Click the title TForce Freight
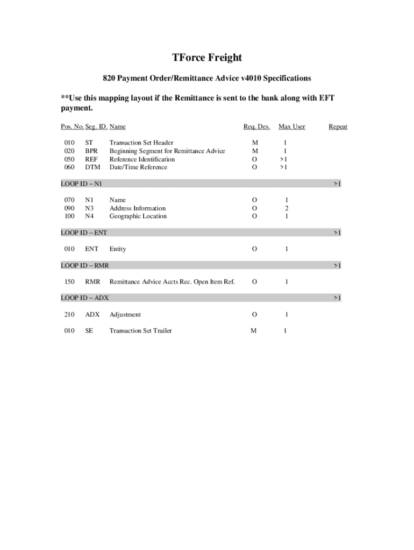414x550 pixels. tap(207, 57)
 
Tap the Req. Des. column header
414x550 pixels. tap(256, 127)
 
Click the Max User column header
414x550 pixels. tap(291, 127)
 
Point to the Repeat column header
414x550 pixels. tap(338, 127)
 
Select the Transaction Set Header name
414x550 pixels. tap(141, 143)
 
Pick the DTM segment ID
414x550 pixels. tap(92, 168)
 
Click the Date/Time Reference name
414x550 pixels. tap(138, 168)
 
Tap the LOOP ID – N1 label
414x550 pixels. tap(82, 184)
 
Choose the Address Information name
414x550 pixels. tap(138, 208)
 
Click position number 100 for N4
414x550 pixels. tap(69, 216)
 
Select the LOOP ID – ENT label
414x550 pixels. tap(84, 233)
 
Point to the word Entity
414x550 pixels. tap(118, 249)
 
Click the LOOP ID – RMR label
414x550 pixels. tap(85, 265)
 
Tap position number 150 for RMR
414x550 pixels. tap(69, 282)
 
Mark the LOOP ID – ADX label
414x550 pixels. tap(85, 298)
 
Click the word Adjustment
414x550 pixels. tap(125, 315)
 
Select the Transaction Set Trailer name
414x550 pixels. tap(141, 331)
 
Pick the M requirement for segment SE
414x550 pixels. tap(254, 331)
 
